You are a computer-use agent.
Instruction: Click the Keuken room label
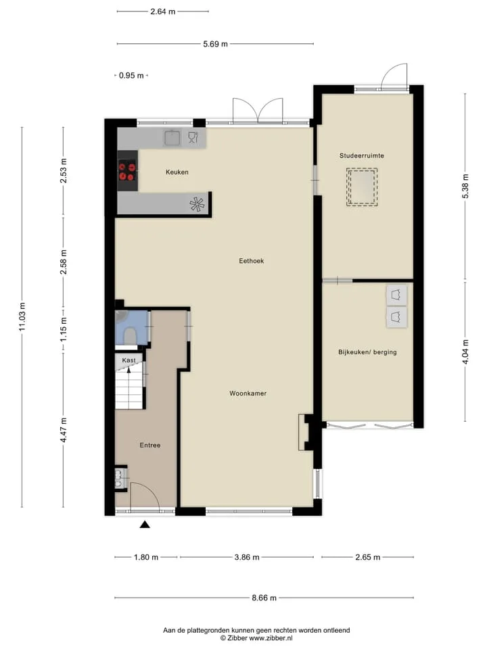(x=177, y=172)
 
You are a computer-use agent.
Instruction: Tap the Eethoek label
(x=252, y=261)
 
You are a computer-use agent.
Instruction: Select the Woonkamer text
(x=248, y=393)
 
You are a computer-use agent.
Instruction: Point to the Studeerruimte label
(x=361, y=155)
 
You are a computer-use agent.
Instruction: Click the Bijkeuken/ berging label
(x=367, y=352)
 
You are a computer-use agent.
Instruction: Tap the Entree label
(x=150, y=446)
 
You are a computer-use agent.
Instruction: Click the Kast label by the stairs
(x=129, y=360)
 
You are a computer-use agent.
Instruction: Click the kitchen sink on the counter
(x=172, y=138)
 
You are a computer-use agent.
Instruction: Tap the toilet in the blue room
(x=130, y=336)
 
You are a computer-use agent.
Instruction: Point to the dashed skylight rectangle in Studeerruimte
(x=362, y=187)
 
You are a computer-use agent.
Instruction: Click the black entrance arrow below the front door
(x=145, y=525)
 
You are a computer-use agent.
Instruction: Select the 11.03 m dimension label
(x=22, y=316)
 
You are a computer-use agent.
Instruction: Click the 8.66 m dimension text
(x=264, y=598)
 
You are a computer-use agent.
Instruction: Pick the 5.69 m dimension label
(x=215, y=44)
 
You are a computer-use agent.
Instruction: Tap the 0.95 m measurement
(x=131, y=75)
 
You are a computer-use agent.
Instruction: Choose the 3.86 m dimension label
(x=247, y=557)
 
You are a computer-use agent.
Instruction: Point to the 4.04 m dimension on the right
(x=465, y=352)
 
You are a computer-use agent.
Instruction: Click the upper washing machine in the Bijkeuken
(x=397, y=295)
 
